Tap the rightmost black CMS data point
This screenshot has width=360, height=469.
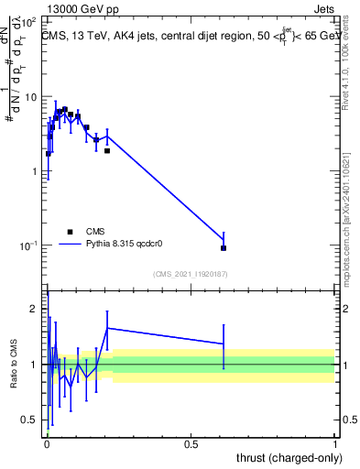(x=224, y=247)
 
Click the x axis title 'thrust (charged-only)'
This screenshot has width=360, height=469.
(x=283, y=457)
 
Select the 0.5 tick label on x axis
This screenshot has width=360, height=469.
(x=191, y=443)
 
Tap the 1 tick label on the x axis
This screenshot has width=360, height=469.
(x=335, y=443)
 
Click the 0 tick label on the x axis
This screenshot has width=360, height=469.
(x=47, y=443)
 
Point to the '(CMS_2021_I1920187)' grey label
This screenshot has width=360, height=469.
(x=191, y=274)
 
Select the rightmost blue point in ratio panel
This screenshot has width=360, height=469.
(x=224, y=344)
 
